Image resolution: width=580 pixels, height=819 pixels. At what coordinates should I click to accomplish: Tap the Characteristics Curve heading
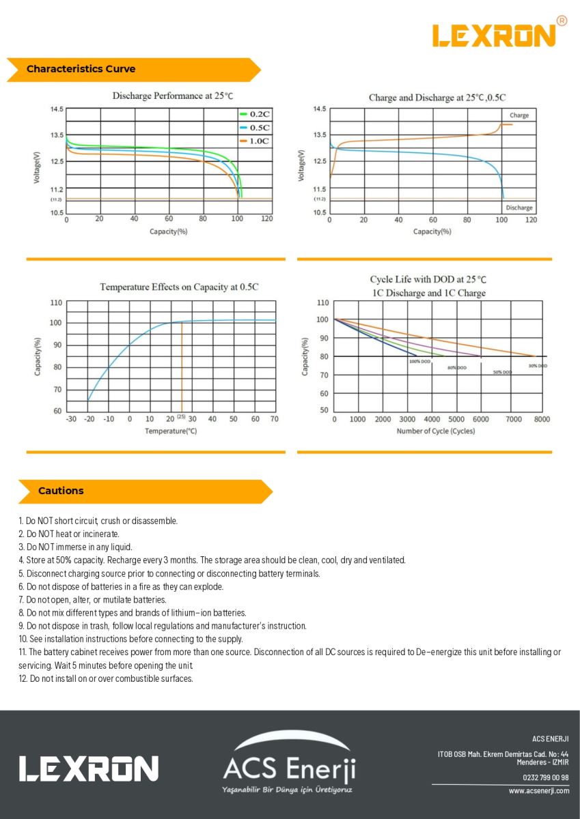pyautogui.click(x=81, y=69)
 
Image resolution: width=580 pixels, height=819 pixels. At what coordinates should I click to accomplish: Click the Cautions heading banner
pyautogui.click(x=61, y=491)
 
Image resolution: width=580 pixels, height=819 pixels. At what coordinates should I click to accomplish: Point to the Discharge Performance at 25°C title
pyautogui.click(x=178, y=96)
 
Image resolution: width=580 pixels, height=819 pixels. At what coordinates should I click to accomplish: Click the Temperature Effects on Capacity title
pyautogui.click(x=179, y=287)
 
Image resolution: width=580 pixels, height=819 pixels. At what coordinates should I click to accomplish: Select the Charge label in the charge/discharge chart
pyautogui.click(x=519, y=115)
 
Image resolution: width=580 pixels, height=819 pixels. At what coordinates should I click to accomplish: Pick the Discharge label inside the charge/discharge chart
pyautogui.click(x=519, y=207)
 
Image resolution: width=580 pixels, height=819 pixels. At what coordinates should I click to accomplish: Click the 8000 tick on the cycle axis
pyautogui.click(x=542, y=419)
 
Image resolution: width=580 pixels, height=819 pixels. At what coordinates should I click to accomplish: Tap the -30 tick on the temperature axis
pyautogui.click(x=71, y=418)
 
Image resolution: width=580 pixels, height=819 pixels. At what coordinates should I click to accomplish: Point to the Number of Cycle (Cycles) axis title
pyautogui.click(x=435, y=431)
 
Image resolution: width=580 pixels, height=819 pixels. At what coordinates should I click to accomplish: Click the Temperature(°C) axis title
pyautogui.click(x=171, y=431)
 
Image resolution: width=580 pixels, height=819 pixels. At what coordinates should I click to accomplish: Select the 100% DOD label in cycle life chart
pyautogui.click(x=419, y=361)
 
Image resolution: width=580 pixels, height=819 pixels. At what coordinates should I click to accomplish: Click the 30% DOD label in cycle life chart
pyautogui.click(x=538, y=366)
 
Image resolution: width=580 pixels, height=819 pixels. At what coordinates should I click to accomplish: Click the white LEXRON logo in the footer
pyautogui.click(x=89, y=768)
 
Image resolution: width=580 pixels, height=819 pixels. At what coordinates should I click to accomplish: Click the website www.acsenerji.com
pyautogui.click(x=538, y=791)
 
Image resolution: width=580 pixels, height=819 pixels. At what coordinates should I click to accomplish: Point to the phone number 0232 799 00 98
pyautogui.click(x=546, y=777)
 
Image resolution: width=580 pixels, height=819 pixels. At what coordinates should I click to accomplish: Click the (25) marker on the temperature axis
pyautogui.click(x=181, y=416)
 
